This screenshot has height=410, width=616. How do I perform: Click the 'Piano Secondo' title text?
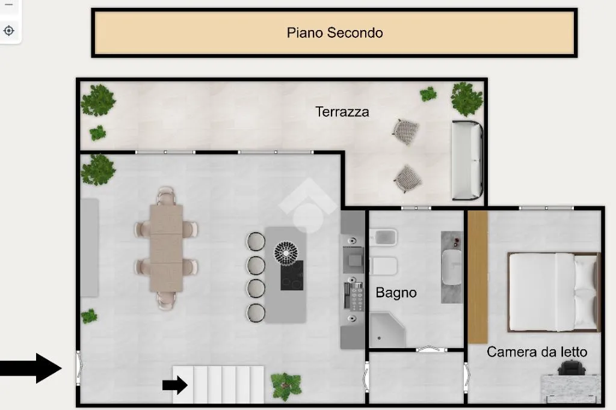[x=334, y=32]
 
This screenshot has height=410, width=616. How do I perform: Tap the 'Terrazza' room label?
[x=342, y=112]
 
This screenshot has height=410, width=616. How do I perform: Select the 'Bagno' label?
[x=396, y=293]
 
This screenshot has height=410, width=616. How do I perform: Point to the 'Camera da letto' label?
[x=537, y=352]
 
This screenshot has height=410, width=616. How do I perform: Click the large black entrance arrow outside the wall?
[x=31, y=368]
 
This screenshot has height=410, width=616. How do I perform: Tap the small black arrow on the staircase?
[x=175, y=385]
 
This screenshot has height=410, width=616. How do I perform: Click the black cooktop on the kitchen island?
[x=292, y=275]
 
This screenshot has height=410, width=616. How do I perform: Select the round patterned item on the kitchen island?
[x=286, y=252]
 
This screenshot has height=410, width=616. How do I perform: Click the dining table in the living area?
[x=166, y=248]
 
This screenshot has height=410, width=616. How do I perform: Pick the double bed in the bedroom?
[x=554, y=292]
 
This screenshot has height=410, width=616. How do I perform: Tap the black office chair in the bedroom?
[x=571, y=367]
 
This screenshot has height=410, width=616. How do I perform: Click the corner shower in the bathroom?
[x=387, y=330]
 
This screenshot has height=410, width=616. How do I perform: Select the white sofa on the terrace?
[x=467, y=161]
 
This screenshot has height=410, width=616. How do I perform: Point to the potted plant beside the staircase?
[x=286, y=386]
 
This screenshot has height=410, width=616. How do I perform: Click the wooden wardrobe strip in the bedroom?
[x=478, y=277]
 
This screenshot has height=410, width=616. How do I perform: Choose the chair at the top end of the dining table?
[x=166, y=195]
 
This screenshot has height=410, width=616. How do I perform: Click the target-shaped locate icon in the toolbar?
[x=8, y=31]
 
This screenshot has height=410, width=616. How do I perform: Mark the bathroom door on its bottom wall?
[x=431, y=349]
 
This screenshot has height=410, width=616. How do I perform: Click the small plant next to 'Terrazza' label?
[x=428, y=94]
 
